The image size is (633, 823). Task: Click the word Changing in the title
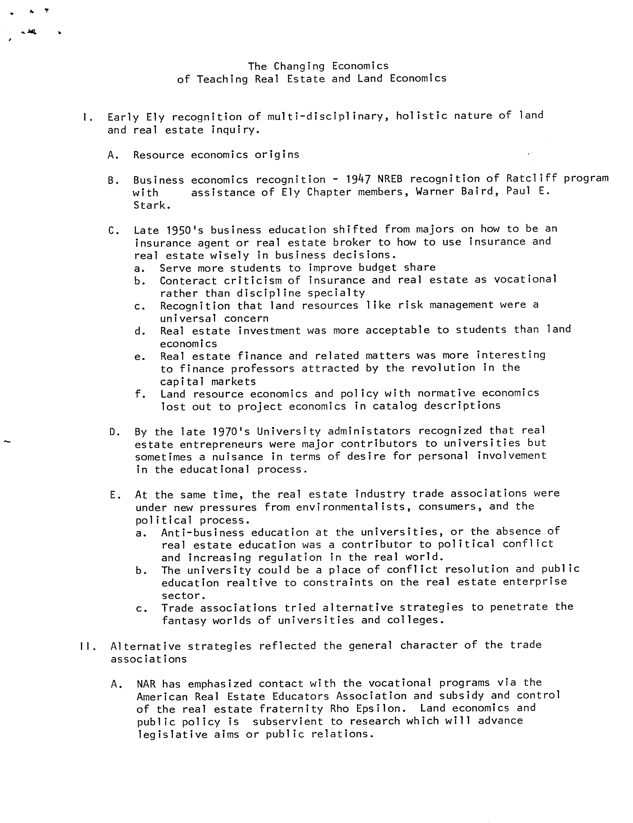click(x=299, y=67)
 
